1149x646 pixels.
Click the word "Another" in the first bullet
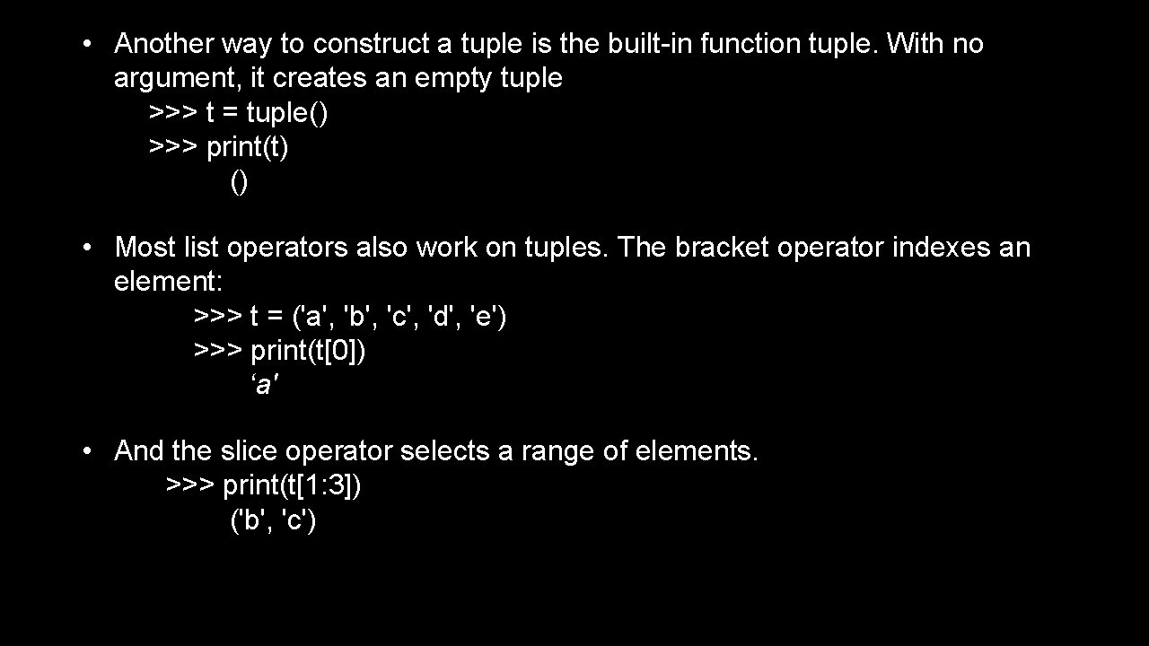(x=162, y=43)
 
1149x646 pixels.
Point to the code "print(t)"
(x=248, y=147)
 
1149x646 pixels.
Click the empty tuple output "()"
(x=239, y=182)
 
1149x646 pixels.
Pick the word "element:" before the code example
(x=168, y=282)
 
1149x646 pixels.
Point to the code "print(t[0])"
(x=308, y=351)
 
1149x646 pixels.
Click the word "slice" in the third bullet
(x=249, y=450)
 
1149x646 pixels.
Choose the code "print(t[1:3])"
(x=293, y=485)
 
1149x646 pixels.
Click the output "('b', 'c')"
(x=274, y=520)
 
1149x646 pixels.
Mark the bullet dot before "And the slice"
(x=86, y=450)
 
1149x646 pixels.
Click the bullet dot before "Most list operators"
(x=86, y=247)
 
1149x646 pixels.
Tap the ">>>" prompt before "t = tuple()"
(x=173, y=113)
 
